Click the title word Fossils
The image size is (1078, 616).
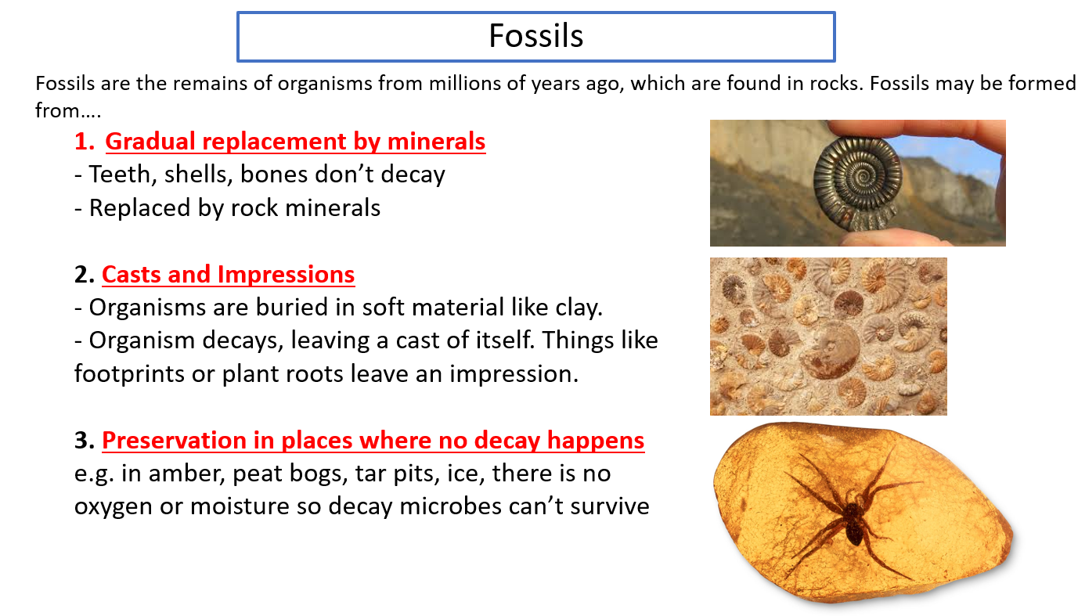[x=536, y=36]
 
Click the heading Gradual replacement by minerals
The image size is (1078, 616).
[x=295, y=142]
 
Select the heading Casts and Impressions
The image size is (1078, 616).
[x=229, y=275]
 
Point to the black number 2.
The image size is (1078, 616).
[x=85, y=275]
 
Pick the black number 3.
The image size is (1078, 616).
[x=85, y=441]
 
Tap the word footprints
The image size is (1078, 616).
[x=129, y=374]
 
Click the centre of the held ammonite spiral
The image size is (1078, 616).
[x=858, y=181]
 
